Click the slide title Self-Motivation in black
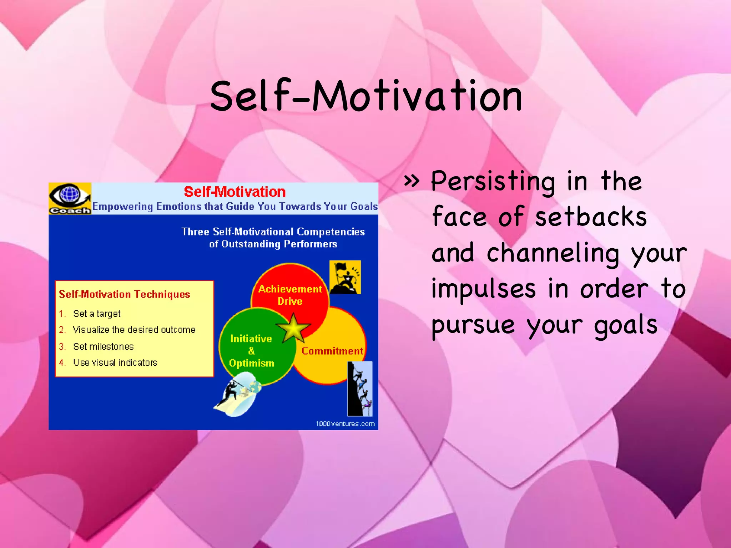coord(366,96)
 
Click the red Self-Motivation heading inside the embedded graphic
coord(235,192)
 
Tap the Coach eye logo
coord(70,198)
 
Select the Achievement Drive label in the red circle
coord(290,295)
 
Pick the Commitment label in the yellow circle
coord(332,351)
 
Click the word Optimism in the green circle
coord(251,363)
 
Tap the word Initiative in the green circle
coord(251,339)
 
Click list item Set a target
coord(96,314)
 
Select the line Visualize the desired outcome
coord(134,330)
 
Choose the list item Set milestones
coord(103,346)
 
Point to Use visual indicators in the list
coord(115,362)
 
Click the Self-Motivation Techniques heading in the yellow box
coord(124,294)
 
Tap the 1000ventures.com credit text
coord(345,424)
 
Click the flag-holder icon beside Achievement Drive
coord(345,277)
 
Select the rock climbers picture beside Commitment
coord(360,389)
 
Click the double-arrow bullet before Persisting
coord(412,181)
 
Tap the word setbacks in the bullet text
coord(591,217)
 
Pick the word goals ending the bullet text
coord(625,325)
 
